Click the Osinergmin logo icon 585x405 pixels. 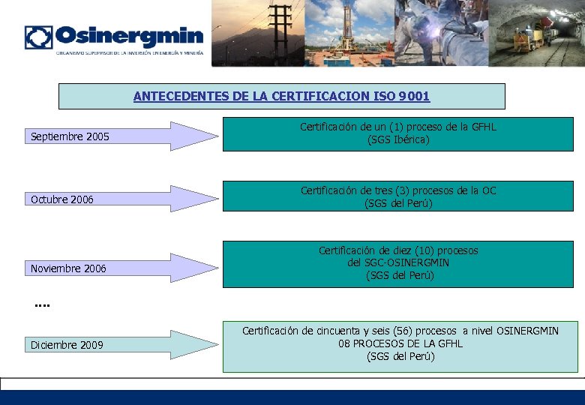pyautogui.click(x=38, y=37)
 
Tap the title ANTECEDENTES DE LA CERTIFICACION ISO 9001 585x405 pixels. pyautogui.click(x=281, y=96)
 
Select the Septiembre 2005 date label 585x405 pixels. pyautogui.click(x=70, y=136)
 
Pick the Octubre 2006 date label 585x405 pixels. pyautogui.click(x=62, y=199)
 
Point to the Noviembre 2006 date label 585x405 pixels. pyautogui.click(x=68, y=268)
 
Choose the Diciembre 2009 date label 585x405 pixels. pyautogui.click(x=67, y=345)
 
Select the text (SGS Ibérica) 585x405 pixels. pyautogui.click(x=398, y=139)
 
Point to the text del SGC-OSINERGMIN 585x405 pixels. pyautogui.click(x=398, y=262)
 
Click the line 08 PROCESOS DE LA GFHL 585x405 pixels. pyautogui.click(x=400, y=343)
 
